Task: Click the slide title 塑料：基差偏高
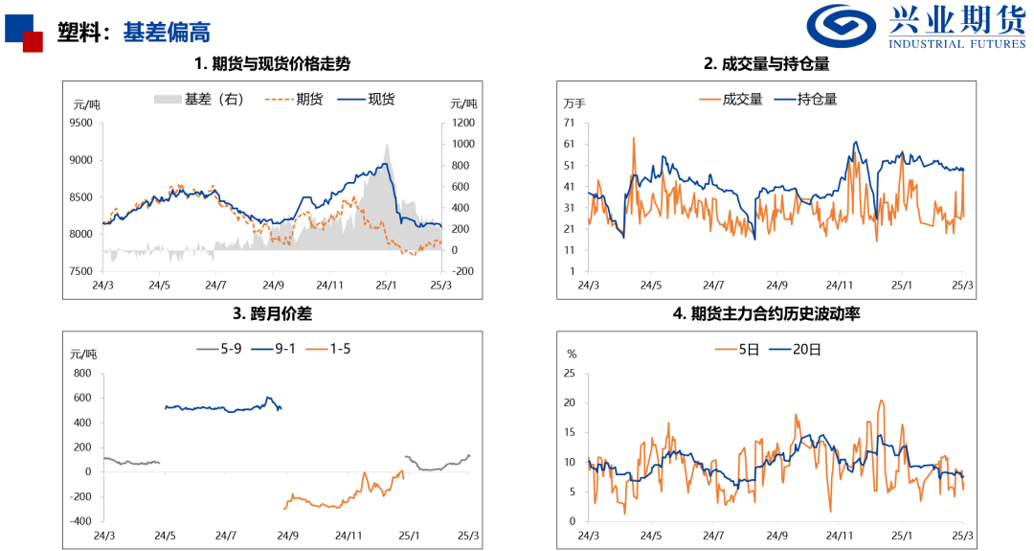click(133, 33)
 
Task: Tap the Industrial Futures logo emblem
click(840, 26)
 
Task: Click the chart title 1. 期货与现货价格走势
click(272, 64)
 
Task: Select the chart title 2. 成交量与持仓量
click(766, 64)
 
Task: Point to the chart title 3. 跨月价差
click(272, 312)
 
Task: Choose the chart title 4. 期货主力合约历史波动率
click(766, 312)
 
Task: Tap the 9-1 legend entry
click(278, 349)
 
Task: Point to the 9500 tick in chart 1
click(81, 123)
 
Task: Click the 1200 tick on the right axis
click(463, 123)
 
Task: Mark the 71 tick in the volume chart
click(569, 123)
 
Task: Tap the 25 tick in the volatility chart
click(571, 374)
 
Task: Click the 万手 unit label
click(574, 103)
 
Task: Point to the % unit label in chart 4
click(572, 354)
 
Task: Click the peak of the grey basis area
click(387, 145)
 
